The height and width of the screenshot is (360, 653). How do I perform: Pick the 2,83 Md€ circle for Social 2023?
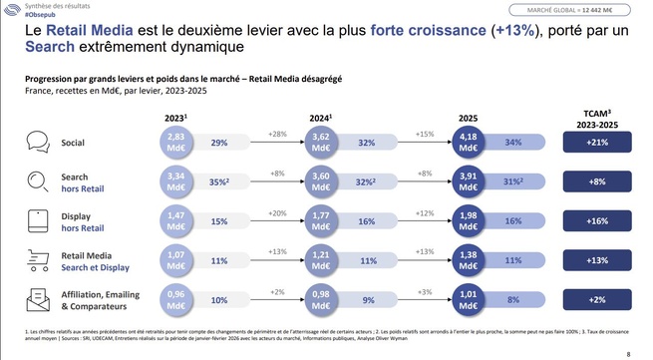(175, 143)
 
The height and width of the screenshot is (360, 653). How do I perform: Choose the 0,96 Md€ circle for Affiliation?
(175, 298)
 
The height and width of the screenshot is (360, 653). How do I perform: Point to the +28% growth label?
(278, 134)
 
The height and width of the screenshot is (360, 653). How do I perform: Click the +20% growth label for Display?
(278, 211)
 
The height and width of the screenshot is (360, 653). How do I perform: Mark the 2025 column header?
(467, 117)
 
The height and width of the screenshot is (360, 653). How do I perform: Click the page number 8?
(627, 353)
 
